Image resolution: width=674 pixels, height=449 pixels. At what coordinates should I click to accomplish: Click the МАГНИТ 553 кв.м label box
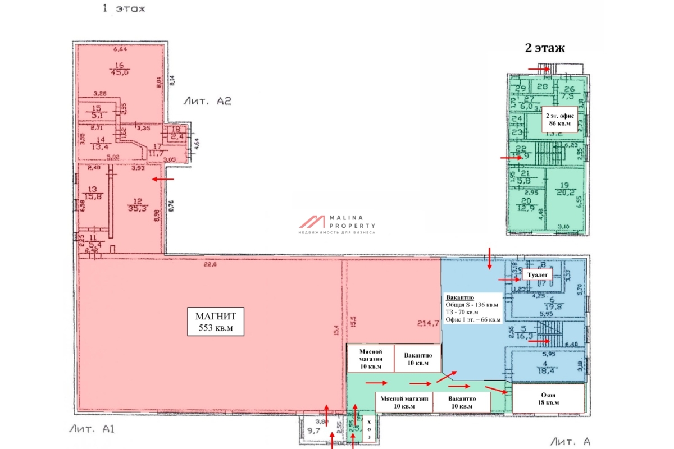coord(216,322)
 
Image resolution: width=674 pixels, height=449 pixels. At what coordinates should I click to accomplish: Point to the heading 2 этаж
coord(544,48)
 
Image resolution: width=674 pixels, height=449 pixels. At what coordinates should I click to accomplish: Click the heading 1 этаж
coord(124,8)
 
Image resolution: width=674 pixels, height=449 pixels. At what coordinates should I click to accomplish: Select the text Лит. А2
coord(207,101)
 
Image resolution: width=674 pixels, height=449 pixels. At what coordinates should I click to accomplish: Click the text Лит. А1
coord(92,429)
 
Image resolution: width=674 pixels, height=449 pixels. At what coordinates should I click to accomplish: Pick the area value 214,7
coord(427,323)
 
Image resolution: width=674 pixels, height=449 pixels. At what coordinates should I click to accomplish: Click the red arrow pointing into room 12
coord(163,180)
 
